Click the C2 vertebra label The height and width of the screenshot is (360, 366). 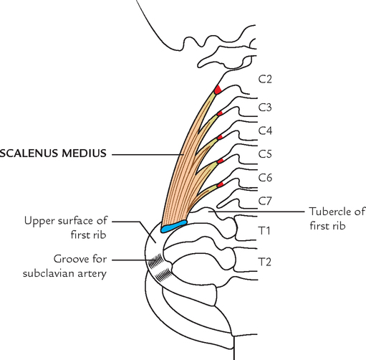coord(265,78)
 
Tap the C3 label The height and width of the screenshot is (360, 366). coord(265,108)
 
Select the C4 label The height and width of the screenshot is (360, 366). coord(265,131)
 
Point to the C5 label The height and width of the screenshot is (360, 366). coord(265,153)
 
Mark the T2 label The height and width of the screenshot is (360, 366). coord(264,261)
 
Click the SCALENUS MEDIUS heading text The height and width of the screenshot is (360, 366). coord(54,153)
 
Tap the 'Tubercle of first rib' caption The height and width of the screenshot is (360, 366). coord(337,218)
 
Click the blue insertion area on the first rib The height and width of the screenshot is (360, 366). coord(174,227)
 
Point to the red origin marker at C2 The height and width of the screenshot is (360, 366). coord(217,90)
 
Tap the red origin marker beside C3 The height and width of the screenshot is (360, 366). coord(221,113)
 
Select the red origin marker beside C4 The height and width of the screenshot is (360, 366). coord(220,136)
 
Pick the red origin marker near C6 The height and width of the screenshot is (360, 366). coord(221,184)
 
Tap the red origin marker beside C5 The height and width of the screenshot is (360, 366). coord(221,161)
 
